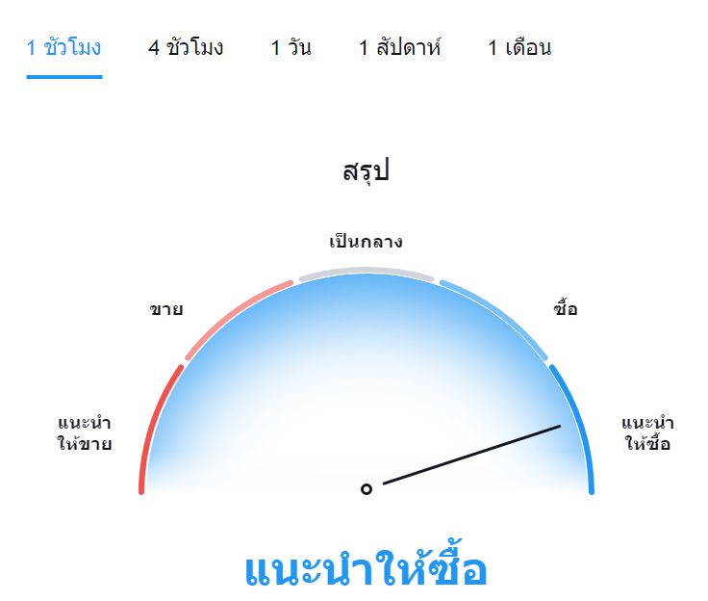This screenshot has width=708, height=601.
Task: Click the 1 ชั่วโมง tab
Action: click(x=63, y=47)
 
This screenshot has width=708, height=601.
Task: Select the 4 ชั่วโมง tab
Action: click(x=186, y=47)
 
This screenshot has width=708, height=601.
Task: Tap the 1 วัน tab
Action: click(x=291, y=47)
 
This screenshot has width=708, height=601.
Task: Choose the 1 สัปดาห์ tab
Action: click(x=399, y=47)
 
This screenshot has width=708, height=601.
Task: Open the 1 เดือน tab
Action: click(x=519, y=47)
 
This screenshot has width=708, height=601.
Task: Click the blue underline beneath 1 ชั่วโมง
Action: click(x=64, y=77)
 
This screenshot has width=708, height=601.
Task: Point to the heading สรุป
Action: click(x=366, y=171)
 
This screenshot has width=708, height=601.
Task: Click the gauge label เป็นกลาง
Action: click(x=366, y=242)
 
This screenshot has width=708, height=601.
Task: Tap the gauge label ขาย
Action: click(x=166, y=309)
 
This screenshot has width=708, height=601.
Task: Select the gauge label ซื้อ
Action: click(x=566, y=307)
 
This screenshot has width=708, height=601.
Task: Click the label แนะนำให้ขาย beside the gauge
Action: click(x=85, y=433)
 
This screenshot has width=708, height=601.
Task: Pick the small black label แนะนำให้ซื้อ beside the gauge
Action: click(x=648, y=433)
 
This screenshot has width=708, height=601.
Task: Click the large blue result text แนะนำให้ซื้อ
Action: click(x=366, y=565)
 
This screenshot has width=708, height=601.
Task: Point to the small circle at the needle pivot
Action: click(x=367, y=489)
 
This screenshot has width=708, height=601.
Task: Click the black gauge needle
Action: click(x=472, y=455)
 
